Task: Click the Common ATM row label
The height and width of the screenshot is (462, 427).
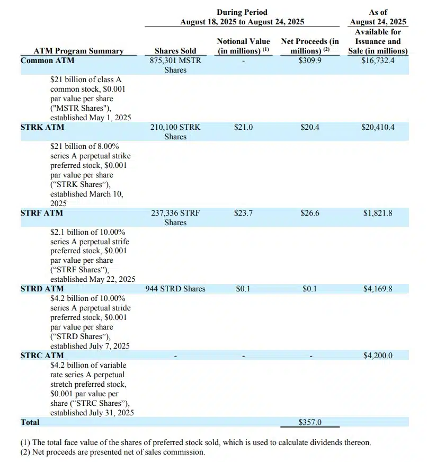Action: click(x=44, y=60)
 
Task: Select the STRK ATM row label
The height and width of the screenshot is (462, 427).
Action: click(x=42, y=127)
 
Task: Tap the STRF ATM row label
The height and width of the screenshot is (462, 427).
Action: click(x=41, y=213)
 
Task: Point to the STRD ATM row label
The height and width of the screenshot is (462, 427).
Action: click(x=42, y=289)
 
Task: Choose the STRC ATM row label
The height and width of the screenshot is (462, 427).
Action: click(x=42, y=356)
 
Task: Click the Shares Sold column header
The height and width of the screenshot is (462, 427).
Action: click(x=175, y=51)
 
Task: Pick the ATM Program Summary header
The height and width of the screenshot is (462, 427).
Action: click(x=78, y=51)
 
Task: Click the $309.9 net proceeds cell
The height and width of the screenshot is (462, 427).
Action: click(x=310, y=60)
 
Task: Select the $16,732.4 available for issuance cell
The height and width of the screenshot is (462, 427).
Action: click(x=378, y=60)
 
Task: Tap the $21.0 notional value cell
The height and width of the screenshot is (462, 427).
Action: click(x=243, y=127)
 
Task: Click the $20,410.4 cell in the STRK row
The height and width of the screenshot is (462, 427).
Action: click(x=378, y=127)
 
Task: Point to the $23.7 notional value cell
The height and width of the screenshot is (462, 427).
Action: click(x=243, y=213)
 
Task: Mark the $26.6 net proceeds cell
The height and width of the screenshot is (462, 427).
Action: click(x=310, y=213)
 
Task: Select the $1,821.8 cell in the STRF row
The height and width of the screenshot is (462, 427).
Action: click(x=378, y=213)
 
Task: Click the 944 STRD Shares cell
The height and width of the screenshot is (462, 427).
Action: click(x=175, y=289)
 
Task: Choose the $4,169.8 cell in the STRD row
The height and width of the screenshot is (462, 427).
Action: click(x=378, y=289)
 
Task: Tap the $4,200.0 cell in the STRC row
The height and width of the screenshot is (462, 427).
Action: click(x=378, y=356)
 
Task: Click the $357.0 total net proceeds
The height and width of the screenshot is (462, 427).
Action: click(x=310, y=422)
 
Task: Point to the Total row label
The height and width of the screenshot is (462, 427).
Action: click(x=30, y=422)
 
